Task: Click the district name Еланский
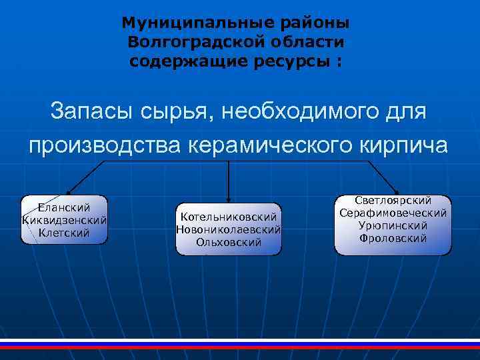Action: (64, 208)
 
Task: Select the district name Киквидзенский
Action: (64, 221)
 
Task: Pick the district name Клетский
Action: (64, 233)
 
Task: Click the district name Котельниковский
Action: (229, 217)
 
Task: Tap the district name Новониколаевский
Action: (229, 229)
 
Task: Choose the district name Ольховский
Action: (229, 241)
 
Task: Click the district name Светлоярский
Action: (393, 201)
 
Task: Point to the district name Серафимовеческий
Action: (393, 213)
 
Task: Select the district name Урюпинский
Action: (393, 225)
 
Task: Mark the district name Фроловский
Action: (393, 237)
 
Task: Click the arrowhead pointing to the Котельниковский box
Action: (229, 199)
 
